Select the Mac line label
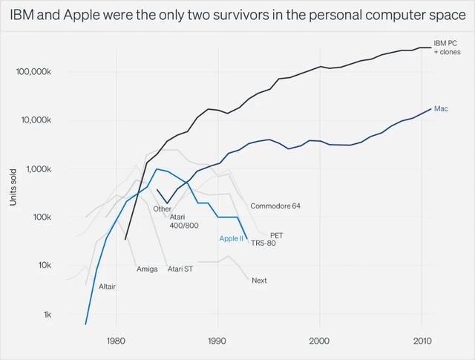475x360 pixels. pos(440,109)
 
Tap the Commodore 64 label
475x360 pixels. pos(275,206)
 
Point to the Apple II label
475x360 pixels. pos(231,238)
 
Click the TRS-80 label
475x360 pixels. pos(263,243)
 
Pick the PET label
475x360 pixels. pos(276,235)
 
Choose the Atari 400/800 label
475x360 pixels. pos(184,220)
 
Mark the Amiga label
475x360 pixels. pos(147,269)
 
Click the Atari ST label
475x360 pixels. pos(180,269)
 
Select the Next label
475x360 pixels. pos(259,281)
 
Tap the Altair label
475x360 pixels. pos(107,286)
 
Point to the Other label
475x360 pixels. pos(163,209)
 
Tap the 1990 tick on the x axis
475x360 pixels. pos(217,341)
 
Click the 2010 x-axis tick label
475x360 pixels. pos(422,341)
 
